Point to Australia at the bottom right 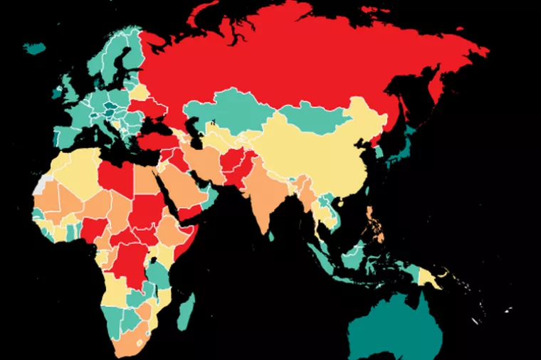399,327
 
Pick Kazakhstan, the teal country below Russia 228,114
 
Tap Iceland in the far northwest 34,48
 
